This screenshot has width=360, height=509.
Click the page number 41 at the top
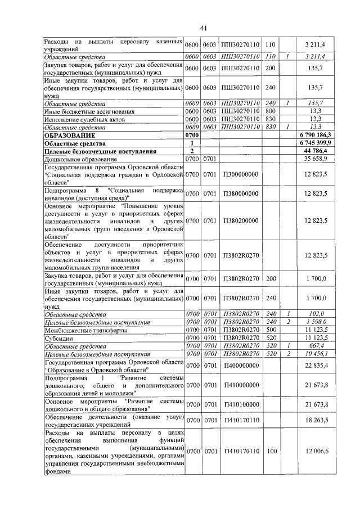click(204, 29)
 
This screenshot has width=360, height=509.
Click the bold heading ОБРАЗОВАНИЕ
click(70, 136)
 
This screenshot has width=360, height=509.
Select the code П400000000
click(240, 366)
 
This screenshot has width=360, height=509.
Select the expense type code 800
click(270, 111)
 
